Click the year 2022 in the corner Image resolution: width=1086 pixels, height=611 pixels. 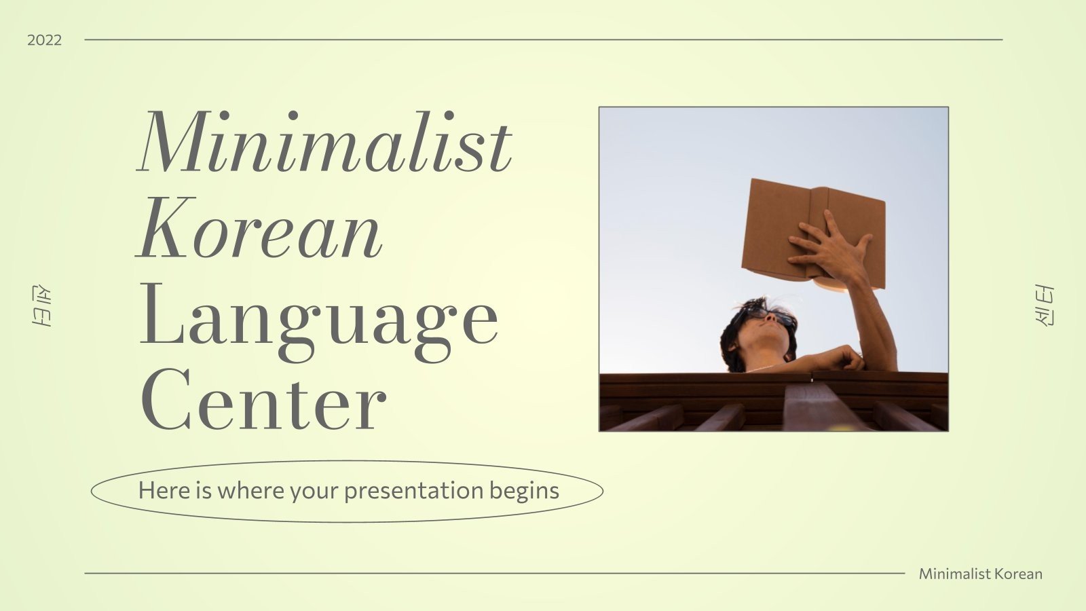(44, 40)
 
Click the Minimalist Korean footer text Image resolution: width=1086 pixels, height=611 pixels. (980, 574)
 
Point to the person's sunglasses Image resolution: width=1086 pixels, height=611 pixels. (774, 316)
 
